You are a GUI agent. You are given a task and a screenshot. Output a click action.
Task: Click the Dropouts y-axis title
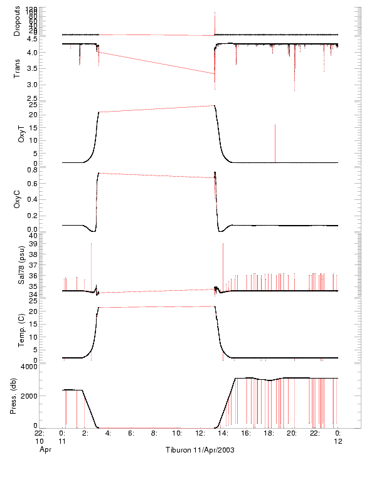point(17,21)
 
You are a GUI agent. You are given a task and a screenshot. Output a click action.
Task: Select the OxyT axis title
point(21,133)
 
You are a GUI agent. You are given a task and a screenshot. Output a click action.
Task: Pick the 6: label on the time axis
point(131,432)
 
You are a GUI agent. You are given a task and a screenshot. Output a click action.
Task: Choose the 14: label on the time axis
point(223,432)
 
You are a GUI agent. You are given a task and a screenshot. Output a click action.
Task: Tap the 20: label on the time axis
point(292,432)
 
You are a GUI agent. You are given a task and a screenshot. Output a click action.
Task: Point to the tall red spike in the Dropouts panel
point(215,22)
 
